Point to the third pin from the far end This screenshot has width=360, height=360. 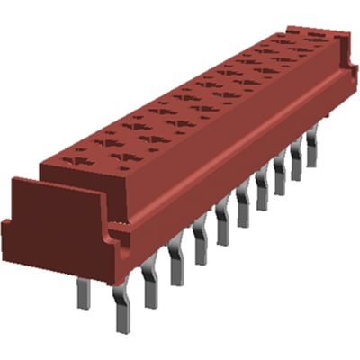279,174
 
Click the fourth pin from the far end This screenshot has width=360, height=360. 262,187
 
